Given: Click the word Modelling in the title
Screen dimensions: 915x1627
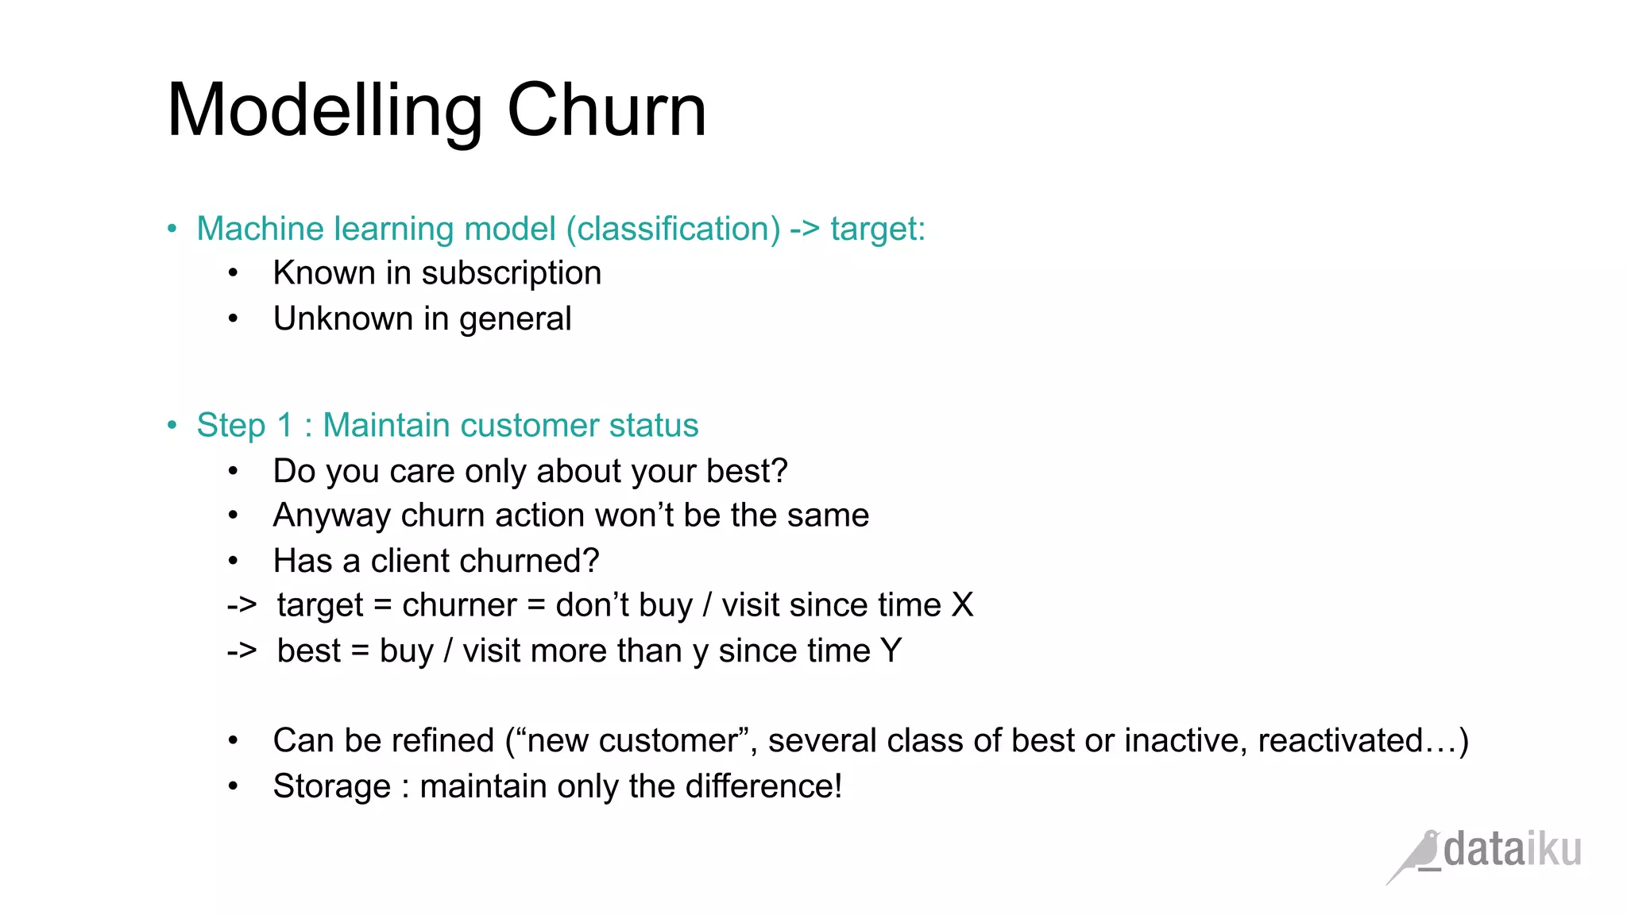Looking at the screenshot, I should point(325,111).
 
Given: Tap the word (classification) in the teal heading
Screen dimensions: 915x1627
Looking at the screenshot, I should point(674,229).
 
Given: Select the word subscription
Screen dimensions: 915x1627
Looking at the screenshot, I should point(511,273).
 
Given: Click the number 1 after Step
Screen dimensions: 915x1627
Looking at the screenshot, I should point(285,425).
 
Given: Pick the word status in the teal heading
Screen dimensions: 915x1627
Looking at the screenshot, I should point(654,425).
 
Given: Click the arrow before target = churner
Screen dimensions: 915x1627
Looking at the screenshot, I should point(242,605).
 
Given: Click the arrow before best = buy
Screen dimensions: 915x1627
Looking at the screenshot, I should point(242,651).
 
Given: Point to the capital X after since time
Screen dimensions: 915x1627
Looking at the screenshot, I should point(962,605).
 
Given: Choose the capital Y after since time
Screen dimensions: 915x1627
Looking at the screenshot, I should point(891,651).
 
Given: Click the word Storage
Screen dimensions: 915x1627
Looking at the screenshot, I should point(332,786).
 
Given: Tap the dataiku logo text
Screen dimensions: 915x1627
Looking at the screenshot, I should point(1512,850).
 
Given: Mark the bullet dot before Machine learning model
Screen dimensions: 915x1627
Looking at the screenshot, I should point(172,230).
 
